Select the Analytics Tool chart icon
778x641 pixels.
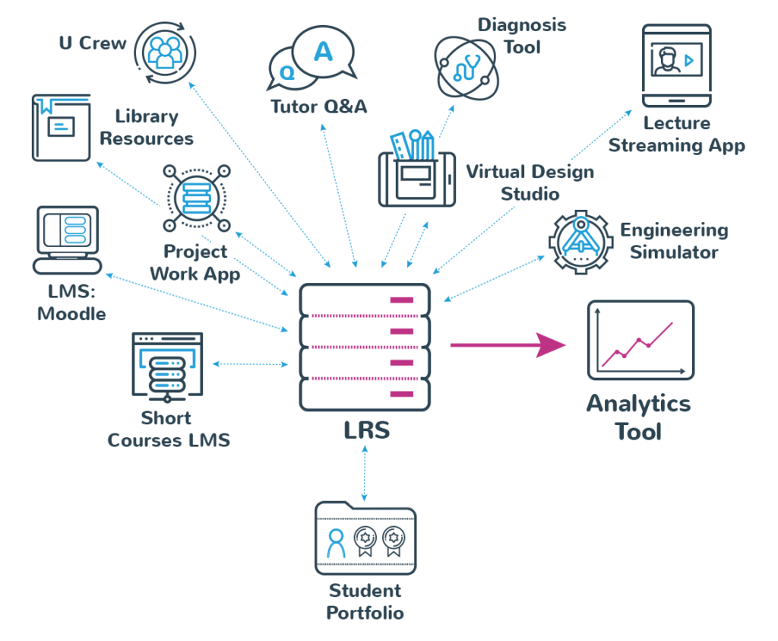point(640,340)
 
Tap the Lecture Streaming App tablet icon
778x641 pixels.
point(676,65)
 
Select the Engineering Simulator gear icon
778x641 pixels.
point(580,240)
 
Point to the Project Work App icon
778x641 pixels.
point(197,198)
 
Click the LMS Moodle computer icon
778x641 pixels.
point(68,240)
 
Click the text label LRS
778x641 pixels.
point(365,430)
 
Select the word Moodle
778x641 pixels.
point(72,313)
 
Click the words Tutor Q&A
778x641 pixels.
point(319,106)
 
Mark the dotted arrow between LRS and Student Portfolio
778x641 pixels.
point(365,472)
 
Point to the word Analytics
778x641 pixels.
point(638,403)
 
